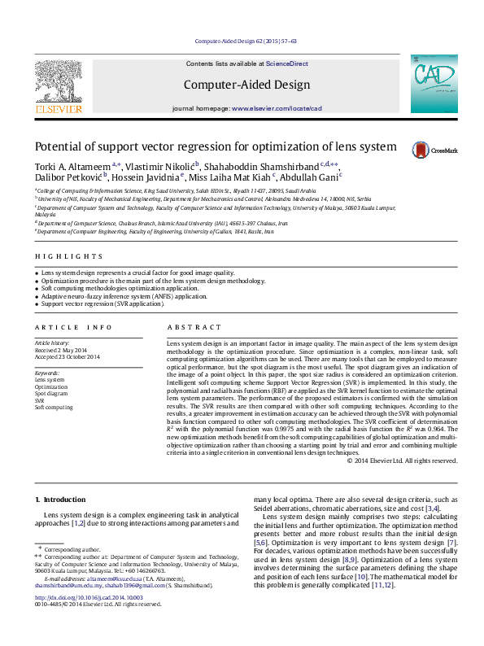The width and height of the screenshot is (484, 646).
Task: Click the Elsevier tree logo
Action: tap(58, 84)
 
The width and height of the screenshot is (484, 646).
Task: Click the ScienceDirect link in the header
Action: tap(287, 63)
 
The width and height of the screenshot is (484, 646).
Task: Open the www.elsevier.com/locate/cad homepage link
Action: tap(277, 108)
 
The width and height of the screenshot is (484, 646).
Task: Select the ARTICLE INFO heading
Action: tap(73, 327)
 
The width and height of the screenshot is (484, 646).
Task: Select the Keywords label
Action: tap(47, 373)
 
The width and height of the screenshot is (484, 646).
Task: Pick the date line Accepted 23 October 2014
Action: tap(67, 357)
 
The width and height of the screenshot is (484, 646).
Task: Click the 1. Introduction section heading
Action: tap(59, 499)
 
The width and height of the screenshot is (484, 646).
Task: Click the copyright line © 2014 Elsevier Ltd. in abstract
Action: tap(402, 460)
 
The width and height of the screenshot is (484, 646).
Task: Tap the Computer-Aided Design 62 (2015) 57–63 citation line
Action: tap(245, 41)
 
